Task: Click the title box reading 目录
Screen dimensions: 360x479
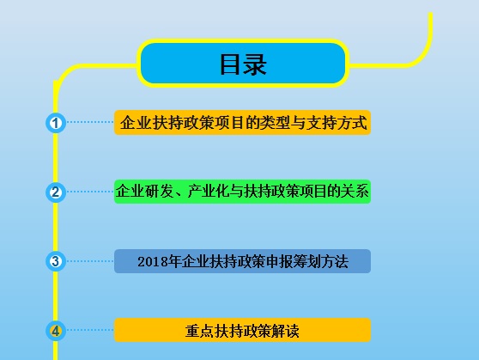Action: (243, 64)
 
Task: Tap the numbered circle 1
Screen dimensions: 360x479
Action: (56, 124)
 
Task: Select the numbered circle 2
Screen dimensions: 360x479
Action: (56, 192)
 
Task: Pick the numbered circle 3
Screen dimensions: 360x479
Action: (56, 261)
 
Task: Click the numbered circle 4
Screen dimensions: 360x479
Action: (56, 330)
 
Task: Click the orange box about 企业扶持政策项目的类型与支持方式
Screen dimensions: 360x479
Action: (243, 123)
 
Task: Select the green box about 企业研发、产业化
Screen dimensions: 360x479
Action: (243, 192)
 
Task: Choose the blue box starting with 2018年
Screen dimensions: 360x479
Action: (243, 261)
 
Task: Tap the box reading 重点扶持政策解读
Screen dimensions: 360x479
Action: (243, 330)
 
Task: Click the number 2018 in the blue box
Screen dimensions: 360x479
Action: (155, 261)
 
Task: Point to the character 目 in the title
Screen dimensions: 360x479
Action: (230, 64)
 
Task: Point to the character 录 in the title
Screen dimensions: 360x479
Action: (255, 64)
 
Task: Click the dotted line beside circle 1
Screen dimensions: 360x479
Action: (90, 123)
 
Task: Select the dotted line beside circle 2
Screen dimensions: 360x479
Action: (90, 192)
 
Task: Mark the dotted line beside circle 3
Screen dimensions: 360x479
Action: (90, 261)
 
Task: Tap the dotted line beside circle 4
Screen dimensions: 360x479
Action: (90, 330)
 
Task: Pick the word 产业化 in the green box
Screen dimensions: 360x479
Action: (209, 192)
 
